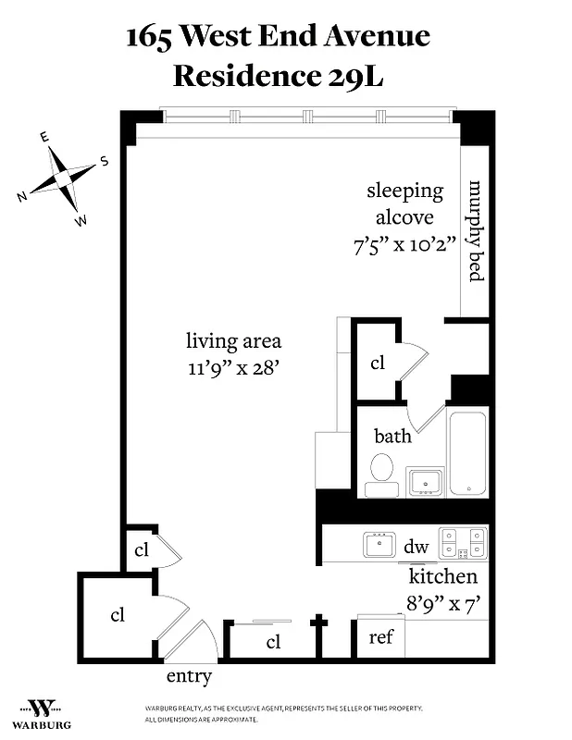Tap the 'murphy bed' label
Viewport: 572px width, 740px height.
[x=477, y=231]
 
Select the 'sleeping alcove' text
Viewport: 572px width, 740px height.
[x=404, y=204]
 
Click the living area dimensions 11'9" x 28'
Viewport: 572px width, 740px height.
[x=232, y=366]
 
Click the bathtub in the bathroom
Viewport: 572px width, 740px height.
[x=468, y=452]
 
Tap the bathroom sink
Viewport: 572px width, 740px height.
[x=426, y=482]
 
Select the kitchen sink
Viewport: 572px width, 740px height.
[x=379, y=544]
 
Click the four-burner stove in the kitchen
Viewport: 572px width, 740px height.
[x=462, y=542]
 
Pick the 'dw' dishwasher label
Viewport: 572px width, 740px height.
[x=417, y=546]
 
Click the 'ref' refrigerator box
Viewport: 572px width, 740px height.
[x=381, y=638]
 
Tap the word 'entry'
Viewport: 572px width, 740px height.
[x=189, y=676]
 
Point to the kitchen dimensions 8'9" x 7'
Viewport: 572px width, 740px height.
[x=443, y=602]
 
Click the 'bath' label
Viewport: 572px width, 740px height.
[x=392, y=435]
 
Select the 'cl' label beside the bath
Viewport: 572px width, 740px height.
[x=377, y=363]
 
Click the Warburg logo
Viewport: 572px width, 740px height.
[x=41, y=711]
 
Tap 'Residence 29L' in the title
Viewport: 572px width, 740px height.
[x=278, y=76]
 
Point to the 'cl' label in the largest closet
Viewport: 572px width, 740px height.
[x=118, y=615]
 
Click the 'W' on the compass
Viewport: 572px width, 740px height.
[x=81, y=220]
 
